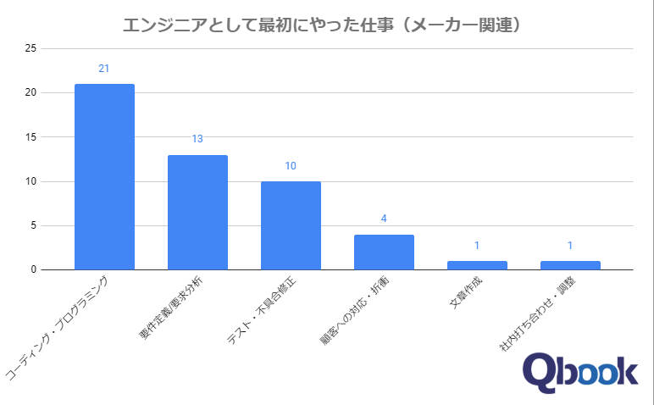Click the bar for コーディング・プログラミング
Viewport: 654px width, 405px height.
pyautogui.click(x=104, y=176)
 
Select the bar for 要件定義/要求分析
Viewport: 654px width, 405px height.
pyautogui.click(x=197, y=212)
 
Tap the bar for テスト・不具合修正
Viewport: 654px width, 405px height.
pyautogui.click(x=291, y=225)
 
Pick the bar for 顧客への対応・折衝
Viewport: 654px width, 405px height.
pyautogui.click(x=384, y=252)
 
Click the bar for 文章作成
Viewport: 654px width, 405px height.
pyautogui.click(x=477, y=265)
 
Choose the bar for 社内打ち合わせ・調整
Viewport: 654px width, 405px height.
pyautogui.click(x=570, y=265)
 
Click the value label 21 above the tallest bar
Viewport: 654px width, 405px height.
pyautogui.click(x=104, y=69)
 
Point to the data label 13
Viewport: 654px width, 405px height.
pyautogui.click(x=197, y=139)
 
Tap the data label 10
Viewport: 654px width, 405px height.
pyautogui.click(x=291, y=166)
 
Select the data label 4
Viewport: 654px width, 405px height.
pyautogui.click(x=384, y=219)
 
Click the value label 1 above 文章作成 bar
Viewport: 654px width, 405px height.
pyautogui.click(x=477, y=246)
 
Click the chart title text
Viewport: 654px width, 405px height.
pyautogui.click(x=321, y=25)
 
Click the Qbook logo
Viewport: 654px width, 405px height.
pyautogui.click(x=579, y=374)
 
